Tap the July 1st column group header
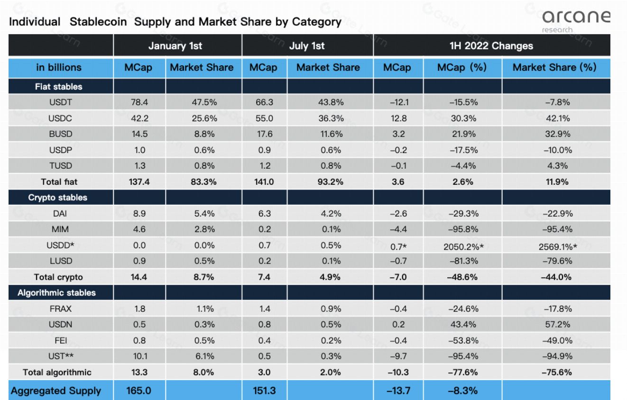307,46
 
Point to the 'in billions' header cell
59,67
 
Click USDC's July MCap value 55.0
259,118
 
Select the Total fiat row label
59,182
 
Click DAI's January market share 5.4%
203,213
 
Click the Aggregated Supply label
56,391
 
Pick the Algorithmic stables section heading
57,292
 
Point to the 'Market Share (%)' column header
554,67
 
